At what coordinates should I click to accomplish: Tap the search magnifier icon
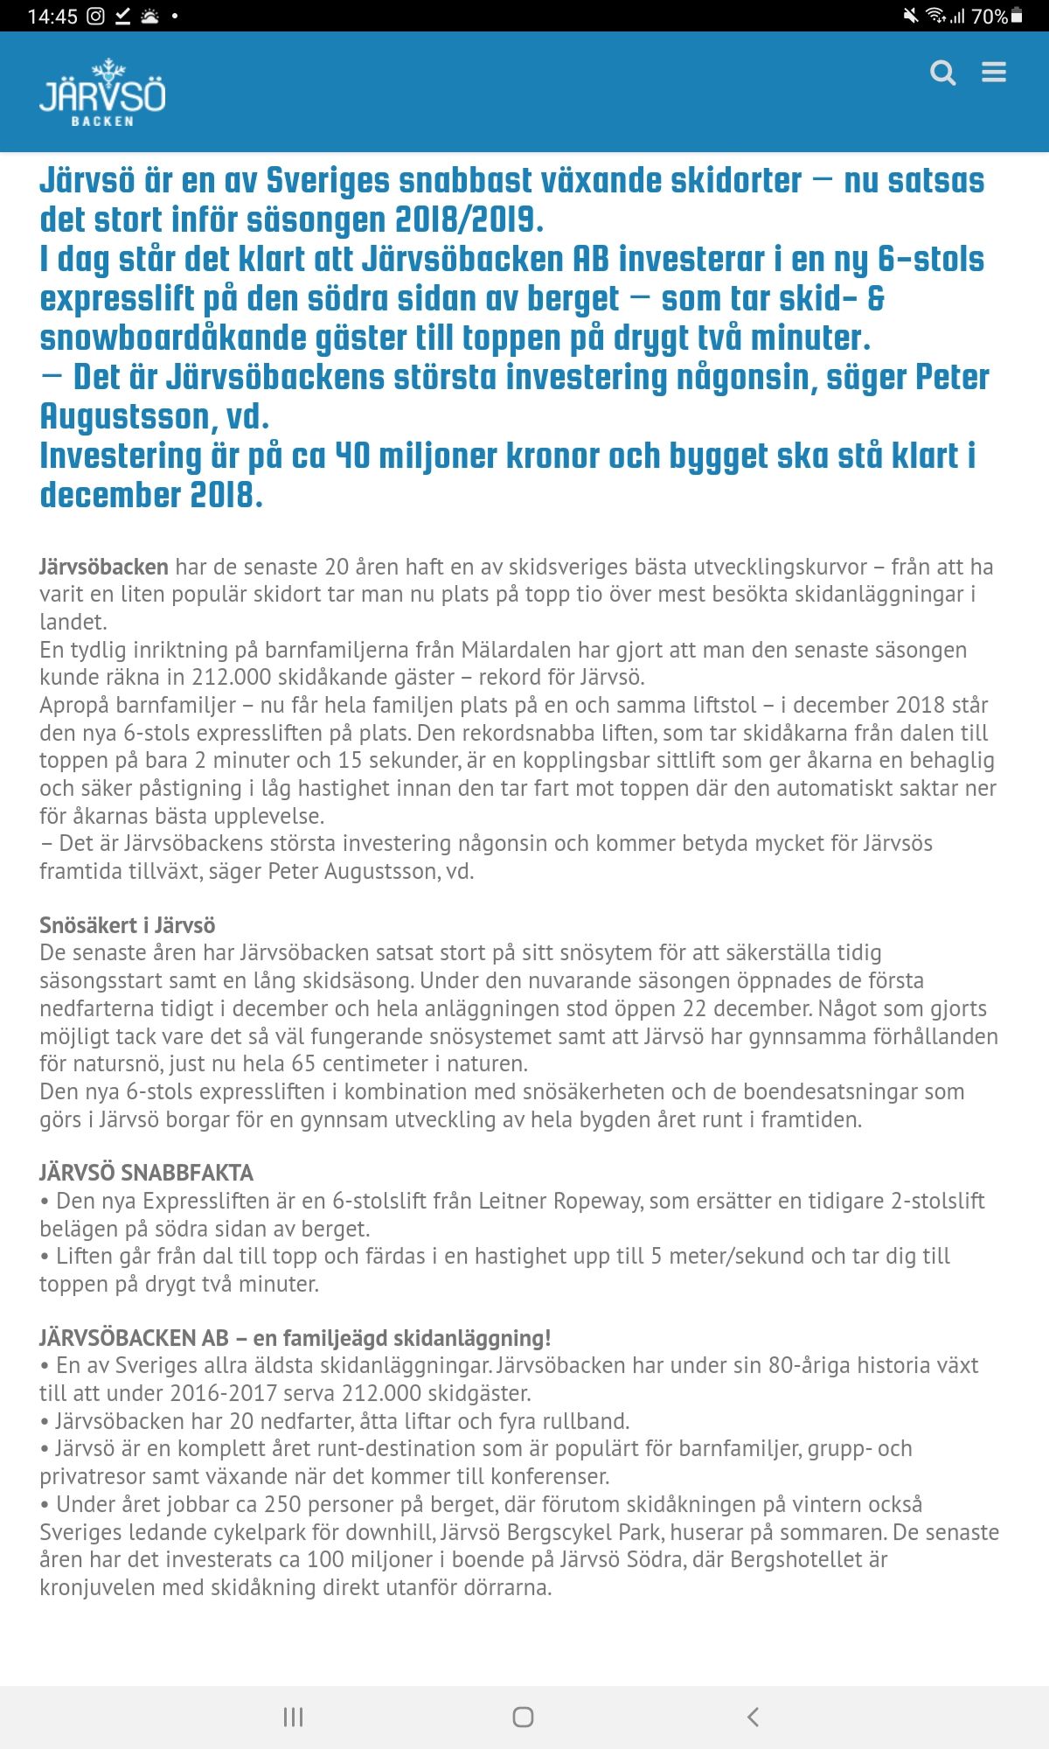click(942, 73)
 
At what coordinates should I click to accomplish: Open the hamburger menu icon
click(994, 72)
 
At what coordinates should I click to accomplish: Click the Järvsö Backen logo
click(102, 94)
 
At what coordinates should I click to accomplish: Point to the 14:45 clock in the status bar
click(52, 16)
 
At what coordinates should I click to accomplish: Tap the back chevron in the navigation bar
click(753, 1717)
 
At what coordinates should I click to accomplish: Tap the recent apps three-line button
click(293, 1717)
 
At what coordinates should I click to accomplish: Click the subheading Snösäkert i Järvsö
click(127, 925)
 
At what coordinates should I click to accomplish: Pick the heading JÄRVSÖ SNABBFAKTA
click(146, 1173)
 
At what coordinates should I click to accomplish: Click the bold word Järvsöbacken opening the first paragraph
click(103, 567)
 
